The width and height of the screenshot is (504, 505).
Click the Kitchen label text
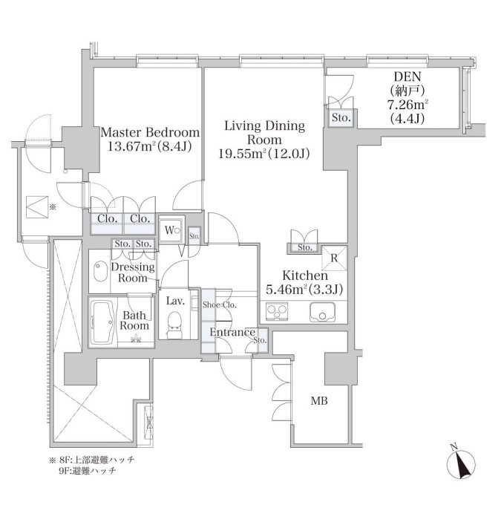click(x=305, y=275)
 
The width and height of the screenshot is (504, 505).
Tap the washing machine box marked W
click(x=170, y=229)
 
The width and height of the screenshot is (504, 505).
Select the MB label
click(x=319, y=402)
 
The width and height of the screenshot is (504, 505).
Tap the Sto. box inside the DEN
click(x=341, y=117)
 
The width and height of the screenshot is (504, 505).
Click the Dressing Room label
click(x=134, y=273)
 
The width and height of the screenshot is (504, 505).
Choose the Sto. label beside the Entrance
click(x=261, y=340)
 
